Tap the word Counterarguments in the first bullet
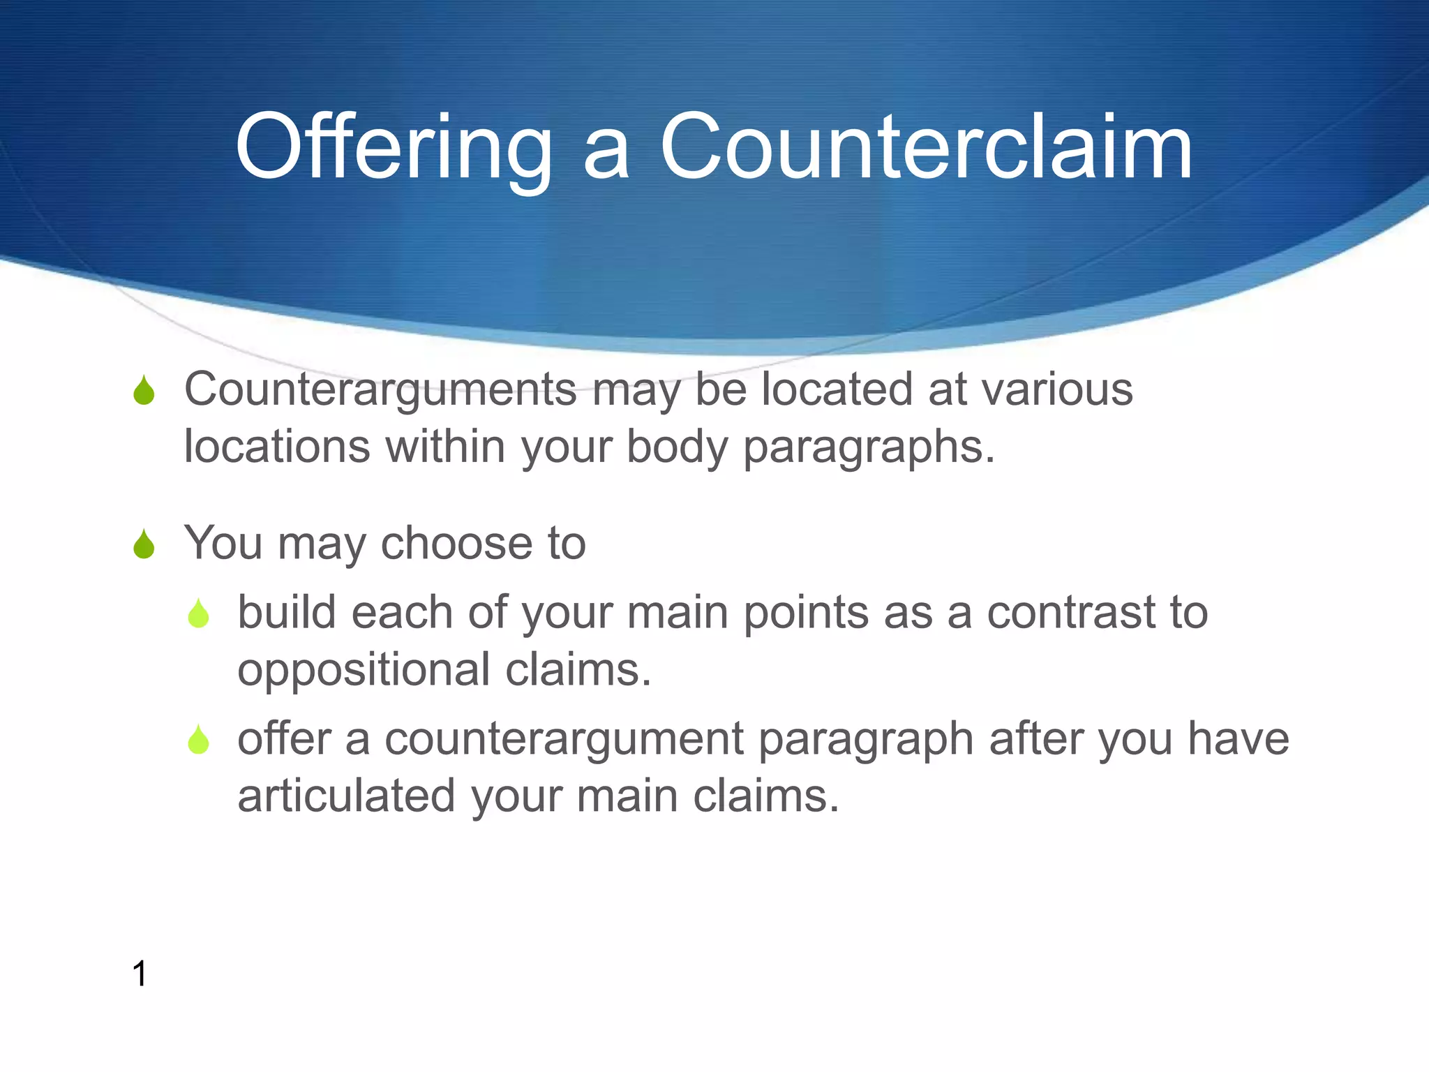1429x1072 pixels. pyautogui.click(x=380, y=389)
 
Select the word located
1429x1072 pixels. pyautogui.click(x=837, y=389)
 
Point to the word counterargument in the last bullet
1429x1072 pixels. pyautogui.click(x=564, y=739)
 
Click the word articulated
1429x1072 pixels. pyautogui.click(x=346, y=796)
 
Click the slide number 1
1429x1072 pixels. pyautogui.click(x=140, y=974)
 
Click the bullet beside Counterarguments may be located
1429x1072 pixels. pyautogui.click(x=144, y=390)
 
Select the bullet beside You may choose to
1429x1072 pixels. pyautogui.click(x=144, y=544)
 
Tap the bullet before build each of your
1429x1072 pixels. pyautogui.click(x=199, y=613)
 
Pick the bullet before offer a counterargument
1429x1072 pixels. pyautogui.click(x=199, y=740)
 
